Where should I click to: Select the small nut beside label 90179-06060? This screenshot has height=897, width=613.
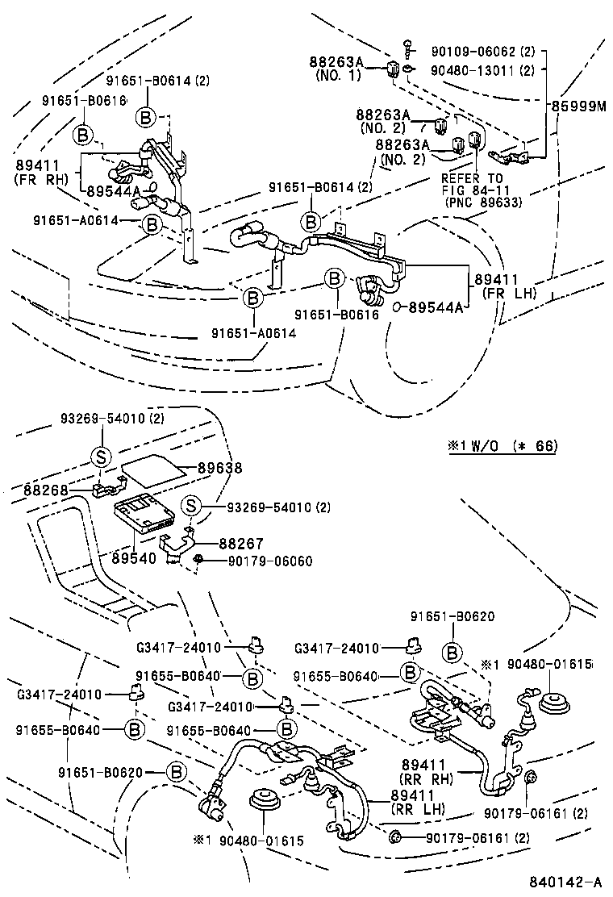tap(198, 560)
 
